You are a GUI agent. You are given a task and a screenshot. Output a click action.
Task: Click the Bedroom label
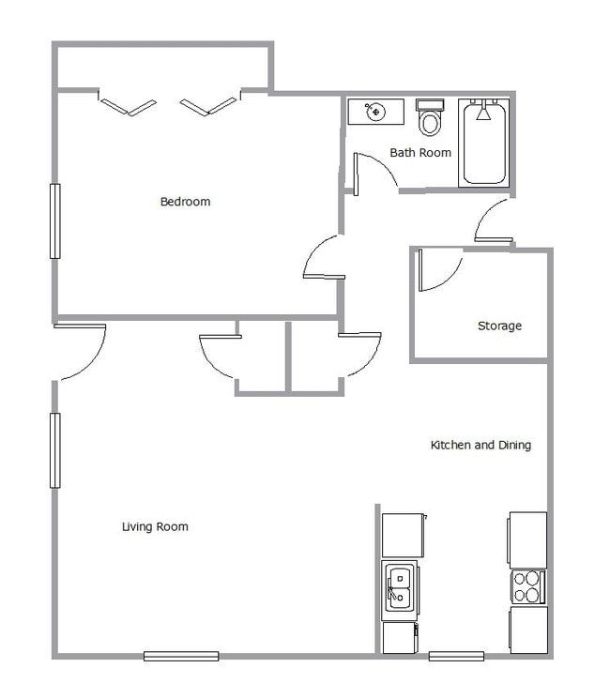click(185, 202)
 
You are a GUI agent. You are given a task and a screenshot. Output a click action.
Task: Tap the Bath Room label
click(420, 153)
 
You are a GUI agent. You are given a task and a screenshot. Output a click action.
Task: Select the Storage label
click(499, 326)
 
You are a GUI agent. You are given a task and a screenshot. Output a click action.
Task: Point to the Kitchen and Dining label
click(480, 445)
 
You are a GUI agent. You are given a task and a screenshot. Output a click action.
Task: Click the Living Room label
click(155, 526)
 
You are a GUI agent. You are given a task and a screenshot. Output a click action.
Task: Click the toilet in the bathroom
click(430, 117)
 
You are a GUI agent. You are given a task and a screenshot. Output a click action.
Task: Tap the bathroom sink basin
click(375, 112)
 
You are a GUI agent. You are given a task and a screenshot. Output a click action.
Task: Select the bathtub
click(484, 143)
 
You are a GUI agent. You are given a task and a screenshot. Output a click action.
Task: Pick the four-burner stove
click(527, 586)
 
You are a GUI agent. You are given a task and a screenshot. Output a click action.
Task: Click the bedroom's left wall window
click(54, 220)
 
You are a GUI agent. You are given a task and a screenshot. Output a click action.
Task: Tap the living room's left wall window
click(54, 450)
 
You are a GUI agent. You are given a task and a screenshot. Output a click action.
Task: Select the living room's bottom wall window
click(181, 656)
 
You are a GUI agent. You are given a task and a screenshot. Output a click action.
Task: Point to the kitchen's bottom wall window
click(456, 656)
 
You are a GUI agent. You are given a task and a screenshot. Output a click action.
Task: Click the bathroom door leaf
click(356, 174)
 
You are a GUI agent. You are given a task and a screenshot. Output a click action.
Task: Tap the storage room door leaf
click(419, 270)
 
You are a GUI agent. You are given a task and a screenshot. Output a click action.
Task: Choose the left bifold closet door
click(128, 107)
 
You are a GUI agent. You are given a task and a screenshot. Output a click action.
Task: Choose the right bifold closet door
click(208, 106)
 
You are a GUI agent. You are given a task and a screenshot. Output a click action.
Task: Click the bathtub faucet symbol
click(483, 112)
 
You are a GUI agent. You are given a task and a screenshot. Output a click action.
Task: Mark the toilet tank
click(430, 105)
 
